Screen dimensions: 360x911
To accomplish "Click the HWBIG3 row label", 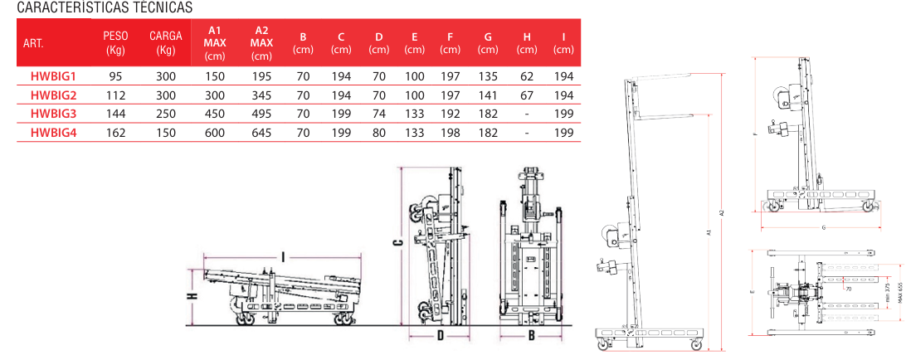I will coord(53,113).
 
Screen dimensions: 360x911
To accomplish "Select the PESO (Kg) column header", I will coord(115,43).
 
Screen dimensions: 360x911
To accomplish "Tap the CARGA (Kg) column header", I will coord(166,43).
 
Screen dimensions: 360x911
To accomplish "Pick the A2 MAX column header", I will coord(261,43).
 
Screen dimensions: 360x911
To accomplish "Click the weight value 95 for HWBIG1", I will coord(115,76).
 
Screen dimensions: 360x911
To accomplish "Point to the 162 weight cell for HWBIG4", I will coord(115,131).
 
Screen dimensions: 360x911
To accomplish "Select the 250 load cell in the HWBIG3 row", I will coord(166,113).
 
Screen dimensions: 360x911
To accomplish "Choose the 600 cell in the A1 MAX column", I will coord(215,131).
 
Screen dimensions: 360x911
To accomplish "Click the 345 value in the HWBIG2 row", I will coord(261,95).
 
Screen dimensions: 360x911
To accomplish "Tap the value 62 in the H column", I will coord(526,76).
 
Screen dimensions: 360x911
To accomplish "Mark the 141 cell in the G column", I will coord(488,95).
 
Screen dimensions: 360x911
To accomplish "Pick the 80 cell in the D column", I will coord(379,131).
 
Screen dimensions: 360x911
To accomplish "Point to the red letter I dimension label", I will coord(283,258).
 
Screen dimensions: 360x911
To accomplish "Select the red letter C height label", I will coord(398,242).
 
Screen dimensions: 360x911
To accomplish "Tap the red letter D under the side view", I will coord(441,336).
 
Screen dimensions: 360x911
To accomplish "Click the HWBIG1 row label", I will coord(53,76).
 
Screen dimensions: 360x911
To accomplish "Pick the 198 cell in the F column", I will coord(450,131).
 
